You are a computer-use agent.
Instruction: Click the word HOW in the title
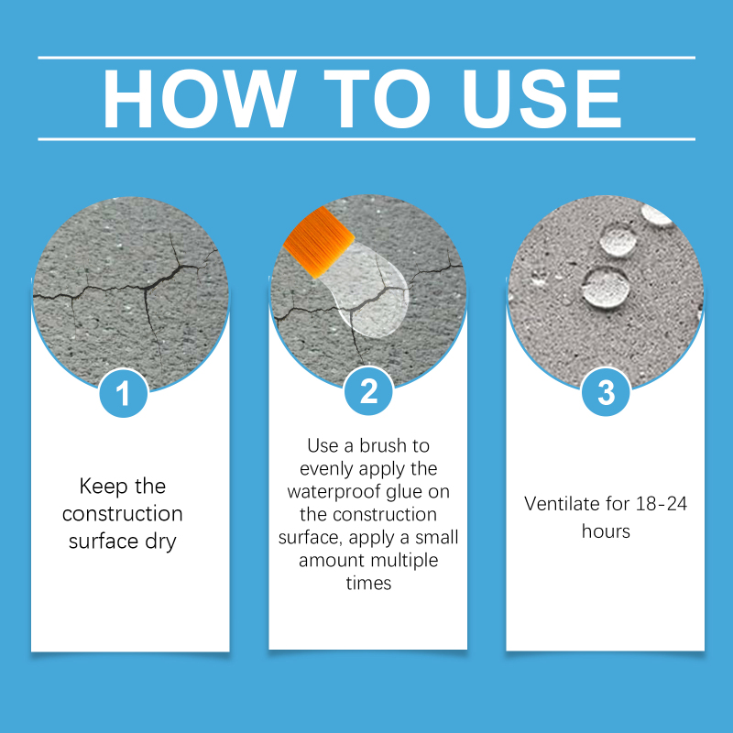coord(200,99)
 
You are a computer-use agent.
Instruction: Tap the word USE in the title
coord(542,99)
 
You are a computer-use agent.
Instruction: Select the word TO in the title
coord(377,99)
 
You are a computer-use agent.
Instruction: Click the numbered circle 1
coord(124,393)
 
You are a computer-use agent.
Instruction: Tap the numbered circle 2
coord(368,391)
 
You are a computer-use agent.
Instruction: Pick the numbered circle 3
coord(606,392)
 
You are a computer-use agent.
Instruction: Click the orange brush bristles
coord(319,241)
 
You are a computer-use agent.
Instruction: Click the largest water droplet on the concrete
coord(606,287)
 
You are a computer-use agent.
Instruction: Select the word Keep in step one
coord(104,487)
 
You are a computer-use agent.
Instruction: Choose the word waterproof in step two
coord(334,492)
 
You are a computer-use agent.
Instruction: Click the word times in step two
coord(368,584)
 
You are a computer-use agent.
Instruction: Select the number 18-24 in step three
coord(662,504)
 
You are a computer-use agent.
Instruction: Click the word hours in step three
coord(606,531)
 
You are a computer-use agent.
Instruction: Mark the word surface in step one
coord(103,542)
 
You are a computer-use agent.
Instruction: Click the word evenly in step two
coord(326,469)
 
